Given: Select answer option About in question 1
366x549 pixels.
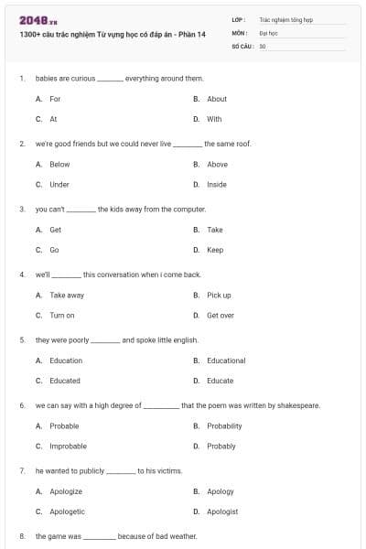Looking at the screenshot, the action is click(217, 99).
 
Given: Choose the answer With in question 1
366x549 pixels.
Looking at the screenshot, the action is click(214, 119).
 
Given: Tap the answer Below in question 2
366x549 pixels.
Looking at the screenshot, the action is click(59, 165).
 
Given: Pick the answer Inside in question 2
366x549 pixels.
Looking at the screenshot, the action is click(217, 185).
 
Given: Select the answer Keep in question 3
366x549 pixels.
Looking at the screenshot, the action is click(215, 250).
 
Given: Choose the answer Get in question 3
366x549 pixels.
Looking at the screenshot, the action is click(56, 230).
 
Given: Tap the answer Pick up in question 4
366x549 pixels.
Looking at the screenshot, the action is click(219, 296).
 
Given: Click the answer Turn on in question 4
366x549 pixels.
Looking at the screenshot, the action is click(62, 316).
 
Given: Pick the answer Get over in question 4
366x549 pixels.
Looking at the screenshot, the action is click(221, 316).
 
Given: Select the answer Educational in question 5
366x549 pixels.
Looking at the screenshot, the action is click(226, 361).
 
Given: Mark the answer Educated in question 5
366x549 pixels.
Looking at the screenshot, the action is click(65, 381).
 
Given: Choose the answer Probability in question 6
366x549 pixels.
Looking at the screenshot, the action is click(224, 426).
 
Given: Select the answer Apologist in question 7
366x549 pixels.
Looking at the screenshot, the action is click(222, 511).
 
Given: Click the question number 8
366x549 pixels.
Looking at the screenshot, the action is click(22, 535).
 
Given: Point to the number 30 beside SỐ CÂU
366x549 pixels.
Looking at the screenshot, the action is click(263, 45).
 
